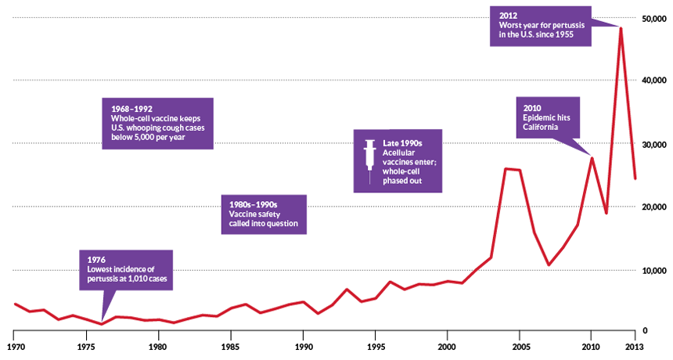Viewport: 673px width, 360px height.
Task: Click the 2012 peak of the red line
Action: [x=621, y=28]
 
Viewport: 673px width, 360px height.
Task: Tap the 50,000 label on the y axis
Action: [x=653, y=18]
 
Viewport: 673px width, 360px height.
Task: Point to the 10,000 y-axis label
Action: [x=653, y=271]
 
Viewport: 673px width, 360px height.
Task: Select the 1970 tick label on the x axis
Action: [x=14, y=344]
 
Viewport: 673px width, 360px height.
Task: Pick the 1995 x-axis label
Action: [x=374, y=344]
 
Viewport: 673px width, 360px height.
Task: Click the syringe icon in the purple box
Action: [x=367, y=160]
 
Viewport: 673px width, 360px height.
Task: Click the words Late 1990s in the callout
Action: [x=402, y=144]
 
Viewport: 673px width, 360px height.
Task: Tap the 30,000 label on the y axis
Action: [x=653, y=145]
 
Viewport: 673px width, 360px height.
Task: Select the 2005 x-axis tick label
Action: [x=519, y=344]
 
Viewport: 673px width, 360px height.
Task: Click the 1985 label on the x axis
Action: [x=230, y=344]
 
